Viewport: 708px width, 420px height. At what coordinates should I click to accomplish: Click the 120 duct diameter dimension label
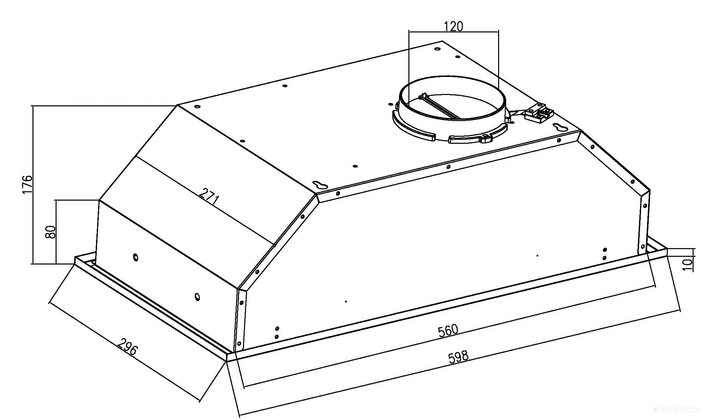pos(454,26)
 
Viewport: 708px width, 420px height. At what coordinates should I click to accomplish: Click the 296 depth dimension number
pos(128,346)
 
